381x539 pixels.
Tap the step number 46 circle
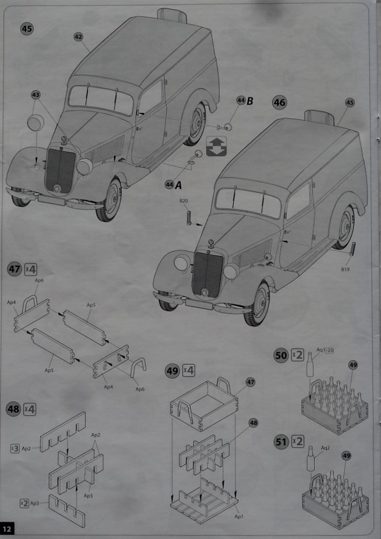[x=279, y=102]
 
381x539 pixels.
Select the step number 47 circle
[x=15, y=269]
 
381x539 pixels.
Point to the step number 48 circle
[x=13, y=409]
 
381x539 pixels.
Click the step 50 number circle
[x=281, y=356]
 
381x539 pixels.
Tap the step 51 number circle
[x=281, y=442]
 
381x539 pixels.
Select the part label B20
[x=184, y=202]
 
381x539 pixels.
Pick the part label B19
[x=344, y=268]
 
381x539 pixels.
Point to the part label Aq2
[x=325, y=448]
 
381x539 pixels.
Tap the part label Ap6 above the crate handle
[x=39, y=280]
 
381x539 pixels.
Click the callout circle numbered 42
[x=79, y=37]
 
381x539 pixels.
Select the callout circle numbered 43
[x=36, y=95]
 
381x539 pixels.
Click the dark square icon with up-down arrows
[x=216, y=147]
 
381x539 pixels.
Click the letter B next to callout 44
[x=250, y=101]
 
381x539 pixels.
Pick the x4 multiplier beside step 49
[x=188, y=371]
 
